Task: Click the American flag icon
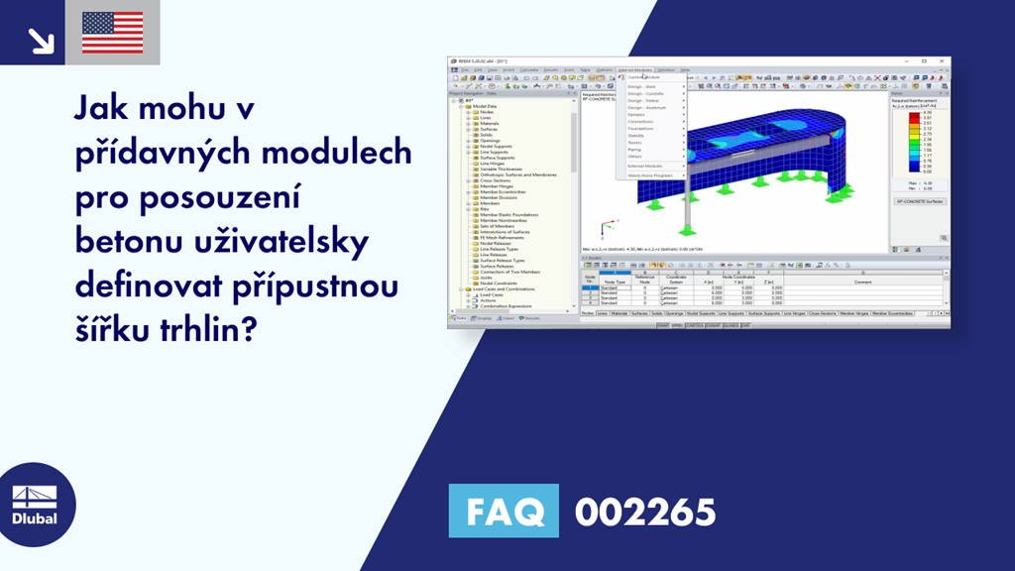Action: coord(112,32)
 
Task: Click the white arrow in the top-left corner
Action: coord(41,39)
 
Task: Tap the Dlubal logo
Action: coord(34,507)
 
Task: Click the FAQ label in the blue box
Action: coord(504,512)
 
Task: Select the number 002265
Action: coord(645,512)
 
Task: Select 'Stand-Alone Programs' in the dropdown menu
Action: coord(651,175)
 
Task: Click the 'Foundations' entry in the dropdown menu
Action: coord(641,129)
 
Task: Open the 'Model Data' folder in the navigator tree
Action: coord(485,106)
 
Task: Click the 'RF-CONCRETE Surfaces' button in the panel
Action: coord(919,201)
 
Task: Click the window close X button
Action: coord(943,61)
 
